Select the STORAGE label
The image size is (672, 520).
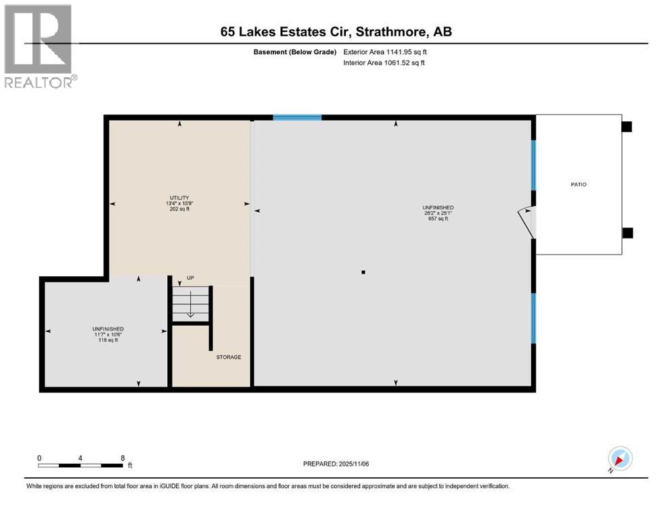[228, 357]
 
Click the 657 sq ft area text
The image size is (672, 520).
[439, 219]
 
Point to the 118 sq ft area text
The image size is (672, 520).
[108, 341]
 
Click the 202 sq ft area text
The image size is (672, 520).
[179, 209]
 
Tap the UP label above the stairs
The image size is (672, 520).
[190, 278]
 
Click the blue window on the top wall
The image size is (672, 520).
[297, 118]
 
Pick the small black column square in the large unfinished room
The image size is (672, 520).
[363, 272]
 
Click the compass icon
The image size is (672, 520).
[620, 458]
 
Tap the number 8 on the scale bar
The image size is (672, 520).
[122, 458]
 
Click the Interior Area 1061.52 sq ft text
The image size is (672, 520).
[384, 63]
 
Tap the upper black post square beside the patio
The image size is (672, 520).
[627, 127]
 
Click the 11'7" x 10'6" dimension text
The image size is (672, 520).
[108, 334]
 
